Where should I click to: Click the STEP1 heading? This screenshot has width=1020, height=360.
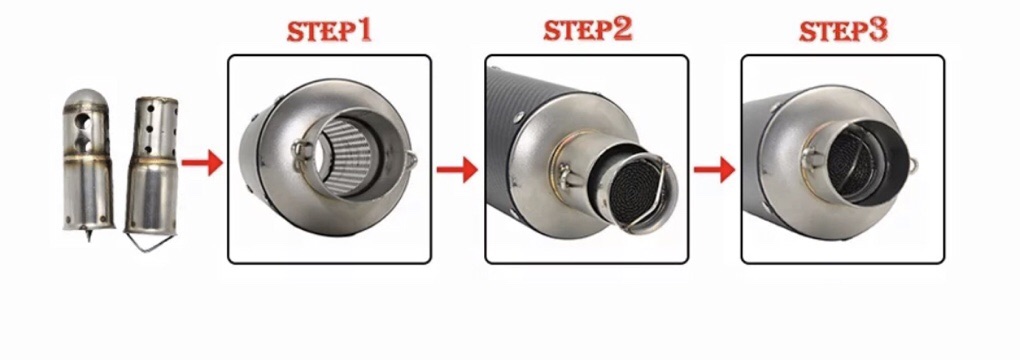[x=329, y=31]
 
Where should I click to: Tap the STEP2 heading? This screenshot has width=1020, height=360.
[x=587, y=30]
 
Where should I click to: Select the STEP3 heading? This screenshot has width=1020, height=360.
[x=843, y=31]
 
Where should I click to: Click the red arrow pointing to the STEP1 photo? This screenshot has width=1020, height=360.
[x=202, y=163]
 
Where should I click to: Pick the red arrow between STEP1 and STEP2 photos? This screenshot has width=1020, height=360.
[x=457, y=170]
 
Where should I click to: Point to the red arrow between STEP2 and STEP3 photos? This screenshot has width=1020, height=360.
[x=714, y=170]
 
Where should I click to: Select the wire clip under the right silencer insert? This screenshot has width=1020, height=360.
[x=154, y=243]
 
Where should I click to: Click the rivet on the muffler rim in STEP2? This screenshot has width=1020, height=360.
[x=518, y=118]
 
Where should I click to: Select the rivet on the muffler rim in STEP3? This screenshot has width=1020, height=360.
[x=774, y=109]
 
